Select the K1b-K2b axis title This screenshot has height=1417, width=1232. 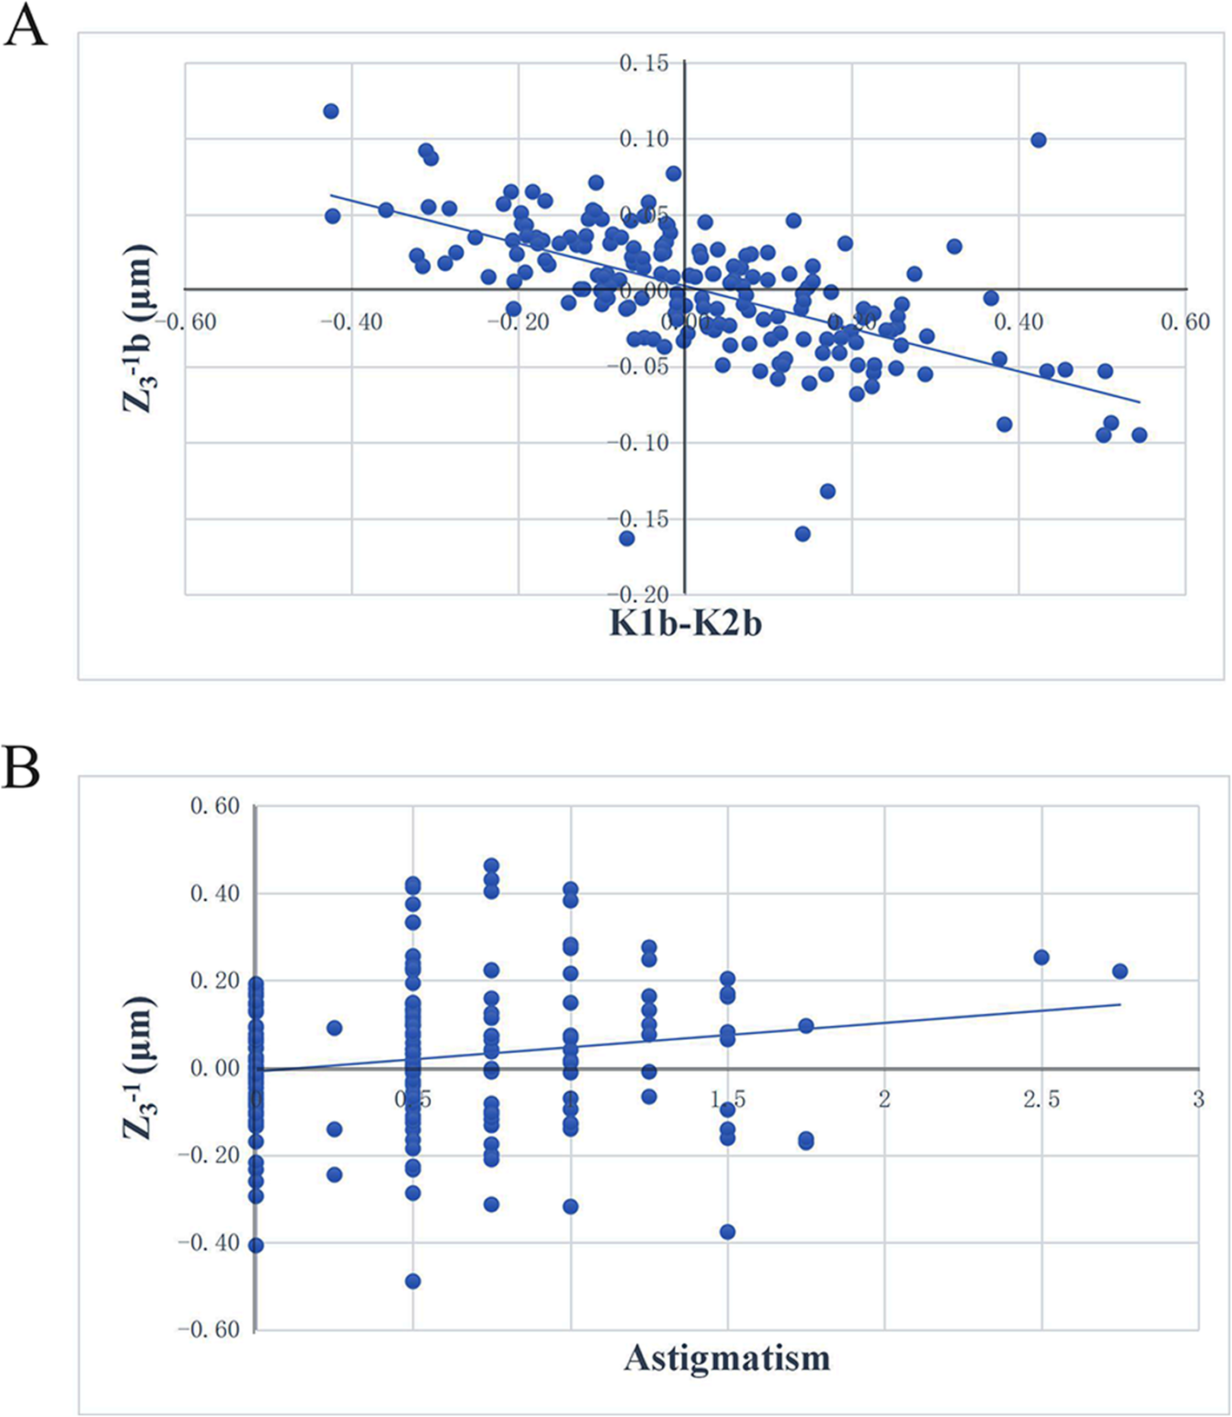coord(685,624)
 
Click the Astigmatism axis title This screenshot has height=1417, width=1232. coord(726,1357)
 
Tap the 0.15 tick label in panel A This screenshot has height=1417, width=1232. coord(644,63)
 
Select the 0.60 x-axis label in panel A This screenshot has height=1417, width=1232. coord(1184,322)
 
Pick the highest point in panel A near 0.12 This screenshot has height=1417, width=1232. coord(331,111)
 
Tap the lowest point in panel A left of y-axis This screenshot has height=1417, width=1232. coord(626,539)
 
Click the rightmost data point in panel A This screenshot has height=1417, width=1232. coord(1139,434)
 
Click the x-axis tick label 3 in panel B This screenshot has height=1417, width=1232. coord(1198,1100)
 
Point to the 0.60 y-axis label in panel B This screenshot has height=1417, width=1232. coord(215,806)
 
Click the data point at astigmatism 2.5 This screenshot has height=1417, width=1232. coord(1041,957)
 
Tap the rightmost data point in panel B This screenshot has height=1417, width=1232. coord(1120,971)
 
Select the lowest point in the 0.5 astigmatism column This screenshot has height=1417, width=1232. coord(413,1281)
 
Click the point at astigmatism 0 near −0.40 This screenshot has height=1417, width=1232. coord(255,1245)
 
